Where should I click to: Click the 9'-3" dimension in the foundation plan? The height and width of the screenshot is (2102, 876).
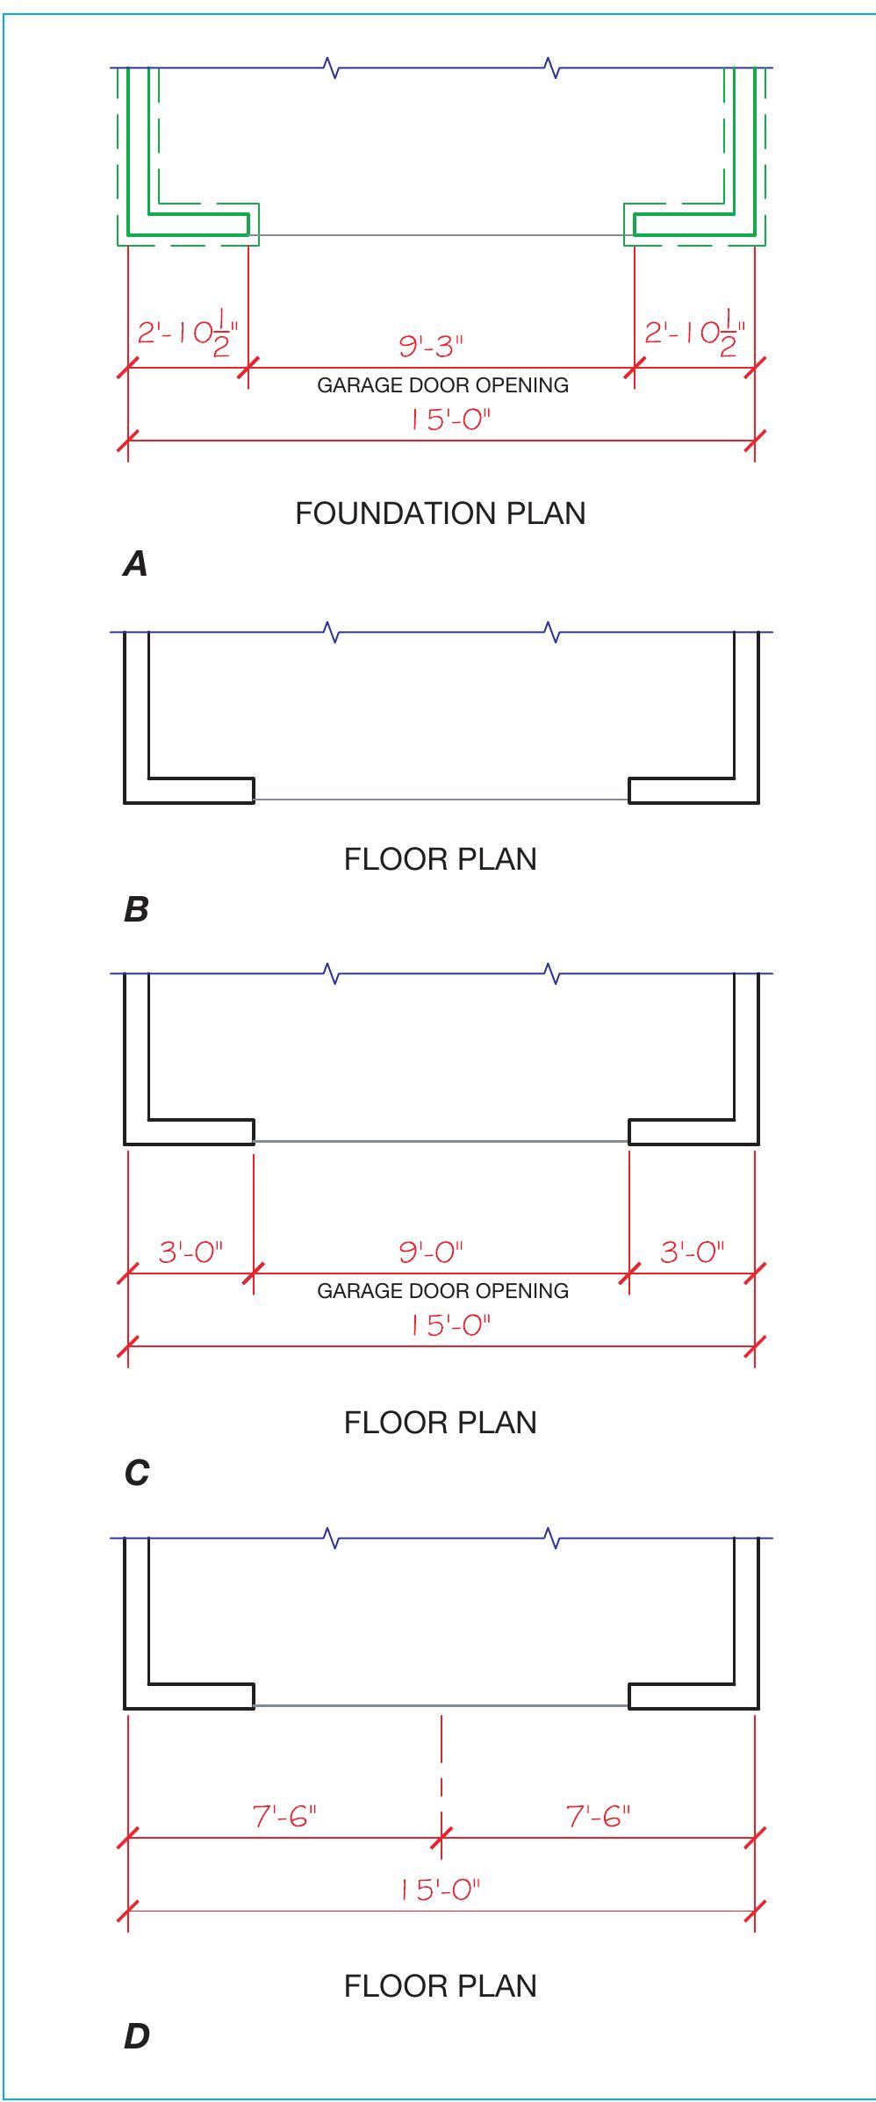[430, 347]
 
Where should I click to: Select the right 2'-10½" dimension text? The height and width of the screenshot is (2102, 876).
[694, 335]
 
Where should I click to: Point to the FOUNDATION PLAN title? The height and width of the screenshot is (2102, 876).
[440, 513]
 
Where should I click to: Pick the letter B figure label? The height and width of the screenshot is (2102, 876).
[136, 910]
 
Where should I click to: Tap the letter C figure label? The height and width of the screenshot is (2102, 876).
[137, 1474]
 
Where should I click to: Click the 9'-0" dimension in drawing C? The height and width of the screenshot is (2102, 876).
[430, 1252]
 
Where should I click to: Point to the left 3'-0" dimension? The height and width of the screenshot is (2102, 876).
[190, 1252]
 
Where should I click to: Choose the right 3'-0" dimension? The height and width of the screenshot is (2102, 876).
[693, 1252]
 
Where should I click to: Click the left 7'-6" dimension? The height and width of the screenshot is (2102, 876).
[284, 1816]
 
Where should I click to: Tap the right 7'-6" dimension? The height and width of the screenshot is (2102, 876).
[599, 1816]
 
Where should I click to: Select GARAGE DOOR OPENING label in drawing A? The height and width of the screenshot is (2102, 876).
[442, 385]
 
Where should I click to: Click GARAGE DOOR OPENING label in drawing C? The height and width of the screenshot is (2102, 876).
[442, 1291]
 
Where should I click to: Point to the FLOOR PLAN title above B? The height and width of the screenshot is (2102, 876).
[440, 859]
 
